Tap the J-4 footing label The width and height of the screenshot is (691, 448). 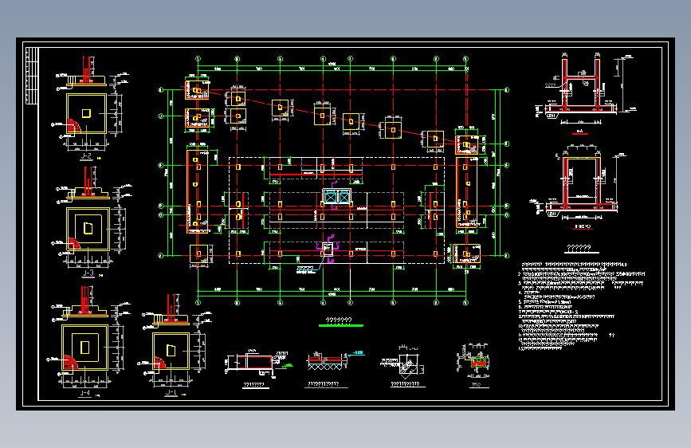(x=84, y=391)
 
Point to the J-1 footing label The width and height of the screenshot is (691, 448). (x=170, y=393)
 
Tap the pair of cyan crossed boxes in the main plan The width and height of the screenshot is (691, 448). (x=336, y=196)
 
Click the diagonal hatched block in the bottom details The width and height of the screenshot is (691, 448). (x=408, y=367)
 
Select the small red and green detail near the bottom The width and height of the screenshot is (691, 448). (x=478, y=363)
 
